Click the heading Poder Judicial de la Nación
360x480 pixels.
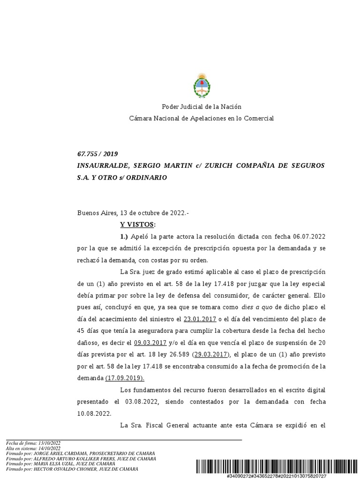click(x=202, y=107)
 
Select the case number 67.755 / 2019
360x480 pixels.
click(x=97, y=154)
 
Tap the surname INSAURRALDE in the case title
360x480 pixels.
click(x=103, y=166)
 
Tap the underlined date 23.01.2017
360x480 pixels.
click(x=201, y=320)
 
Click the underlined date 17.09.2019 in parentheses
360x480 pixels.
click(x=125, y=378)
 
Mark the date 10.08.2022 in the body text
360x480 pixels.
click(x=94, y=413)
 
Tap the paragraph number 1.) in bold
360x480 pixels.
click(x=124, y=236)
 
